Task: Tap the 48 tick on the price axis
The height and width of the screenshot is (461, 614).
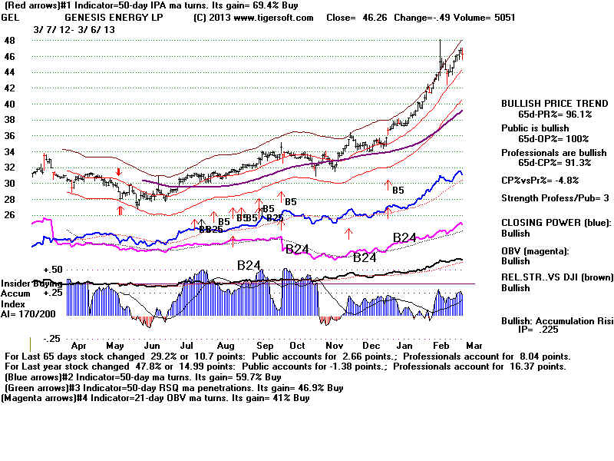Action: tap(9, 40)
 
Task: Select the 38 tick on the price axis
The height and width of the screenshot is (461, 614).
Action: tap(9, 119)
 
